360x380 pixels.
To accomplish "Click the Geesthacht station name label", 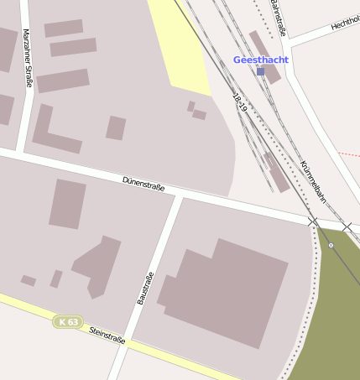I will point(260,60).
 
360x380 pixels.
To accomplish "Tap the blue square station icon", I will point(261,72).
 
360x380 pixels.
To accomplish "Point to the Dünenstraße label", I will point(143,183).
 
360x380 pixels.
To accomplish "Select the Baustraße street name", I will point(145,288).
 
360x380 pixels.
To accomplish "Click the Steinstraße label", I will point(107,335).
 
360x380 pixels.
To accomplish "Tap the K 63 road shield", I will point(68,321).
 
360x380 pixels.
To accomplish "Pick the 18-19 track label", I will point(240,103).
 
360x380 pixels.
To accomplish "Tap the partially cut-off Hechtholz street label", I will point(345,23).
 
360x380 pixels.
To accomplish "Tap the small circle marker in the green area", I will point(331,245).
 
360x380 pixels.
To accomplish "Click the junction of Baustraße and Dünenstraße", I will point(180,195).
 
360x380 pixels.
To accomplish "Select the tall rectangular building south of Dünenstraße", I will point(68,204).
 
